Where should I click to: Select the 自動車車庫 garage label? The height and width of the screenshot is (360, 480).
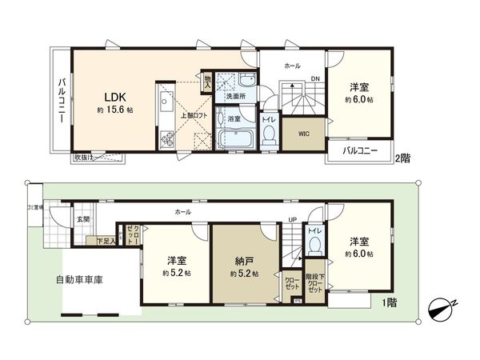tap(84, 280)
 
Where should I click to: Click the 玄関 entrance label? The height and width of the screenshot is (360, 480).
tap(84, 218)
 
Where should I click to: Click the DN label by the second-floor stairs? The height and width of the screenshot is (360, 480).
tap(315, 78)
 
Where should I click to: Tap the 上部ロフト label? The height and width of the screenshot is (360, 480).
tap(194, 115)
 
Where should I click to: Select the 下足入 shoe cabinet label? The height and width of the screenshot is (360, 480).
tap(105, 240)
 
